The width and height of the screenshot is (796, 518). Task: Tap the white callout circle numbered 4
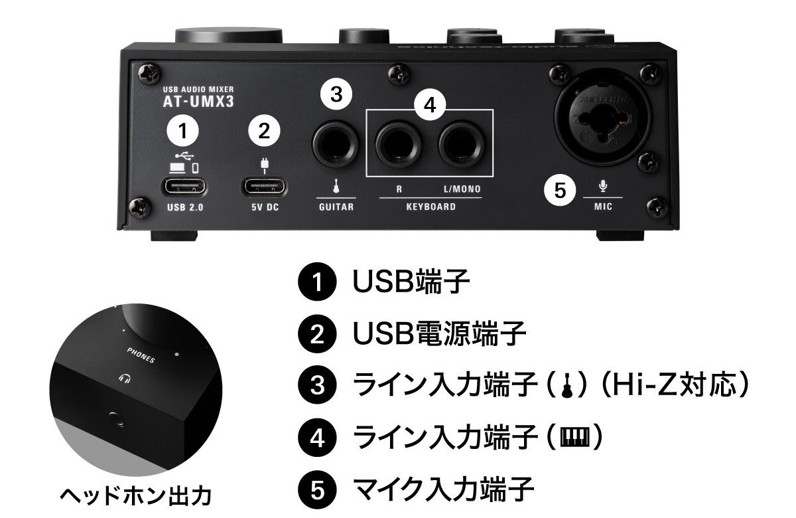[431, 106]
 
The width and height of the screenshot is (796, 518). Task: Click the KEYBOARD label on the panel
[431, 207]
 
